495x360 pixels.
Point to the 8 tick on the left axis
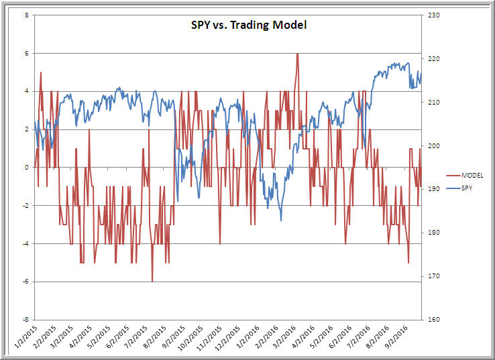26,15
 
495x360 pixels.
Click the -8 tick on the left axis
25,320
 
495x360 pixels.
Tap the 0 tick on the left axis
26,168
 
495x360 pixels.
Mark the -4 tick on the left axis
25,244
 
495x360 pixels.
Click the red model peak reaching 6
297,54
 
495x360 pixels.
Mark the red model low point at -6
152,281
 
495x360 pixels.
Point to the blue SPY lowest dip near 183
281,220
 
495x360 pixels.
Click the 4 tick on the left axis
26,91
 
